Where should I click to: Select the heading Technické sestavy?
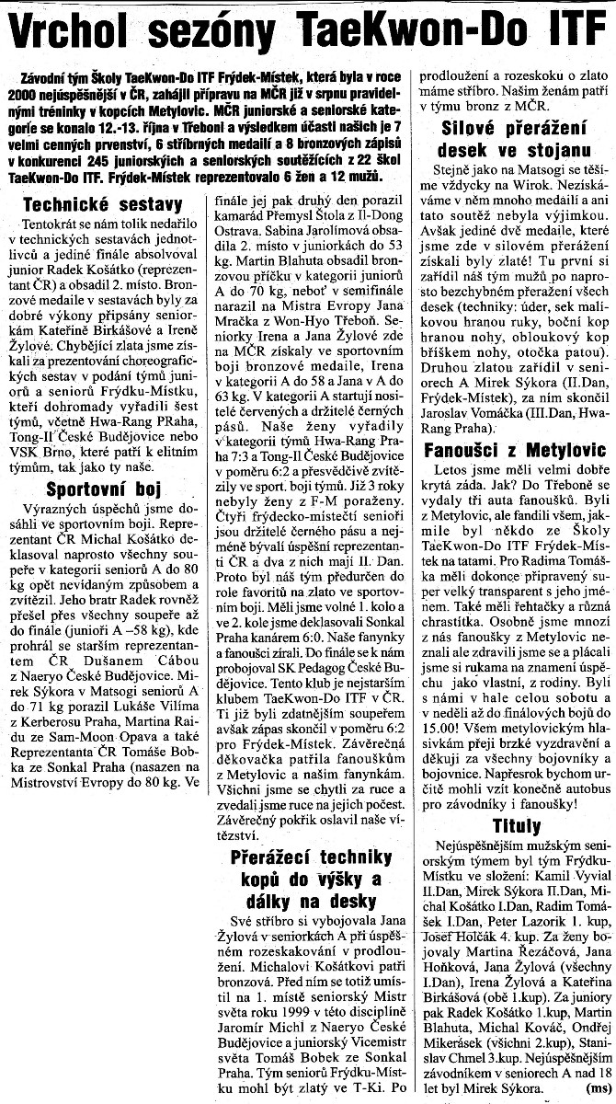[x=102, y=206]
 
